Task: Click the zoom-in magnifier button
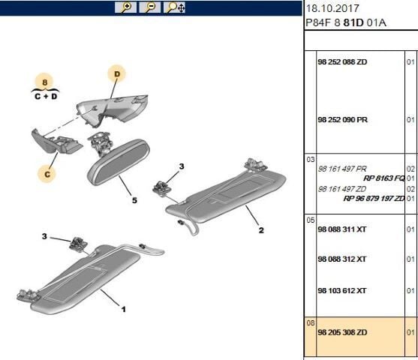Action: [125, 7]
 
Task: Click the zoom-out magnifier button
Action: [150, 7]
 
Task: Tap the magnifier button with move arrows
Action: [174, 7]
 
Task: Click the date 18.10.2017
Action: [332, 8]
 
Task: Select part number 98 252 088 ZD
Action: [342, 62]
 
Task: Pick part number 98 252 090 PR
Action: [342, 120]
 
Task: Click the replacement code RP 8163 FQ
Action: [384, 178]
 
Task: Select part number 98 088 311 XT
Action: [342, 229]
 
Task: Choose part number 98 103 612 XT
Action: [342, 291]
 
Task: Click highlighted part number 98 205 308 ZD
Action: [342, 332]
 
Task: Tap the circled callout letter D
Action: [117, 74]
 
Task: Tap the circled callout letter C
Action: [47, 174]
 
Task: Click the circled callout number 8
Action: [44, 82]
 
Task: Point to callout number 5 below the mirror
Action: [134, 200]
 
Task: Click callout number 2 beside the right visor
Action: [261, 230]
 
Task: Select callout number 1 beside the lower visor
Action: [123, 309]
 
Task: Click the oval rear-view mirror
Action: [119, 161]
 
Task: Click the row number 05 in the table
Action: [310, 220]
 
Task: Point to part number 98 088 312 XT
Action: [342, 259]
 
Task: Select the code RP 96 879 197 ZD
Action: [374, 199]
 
